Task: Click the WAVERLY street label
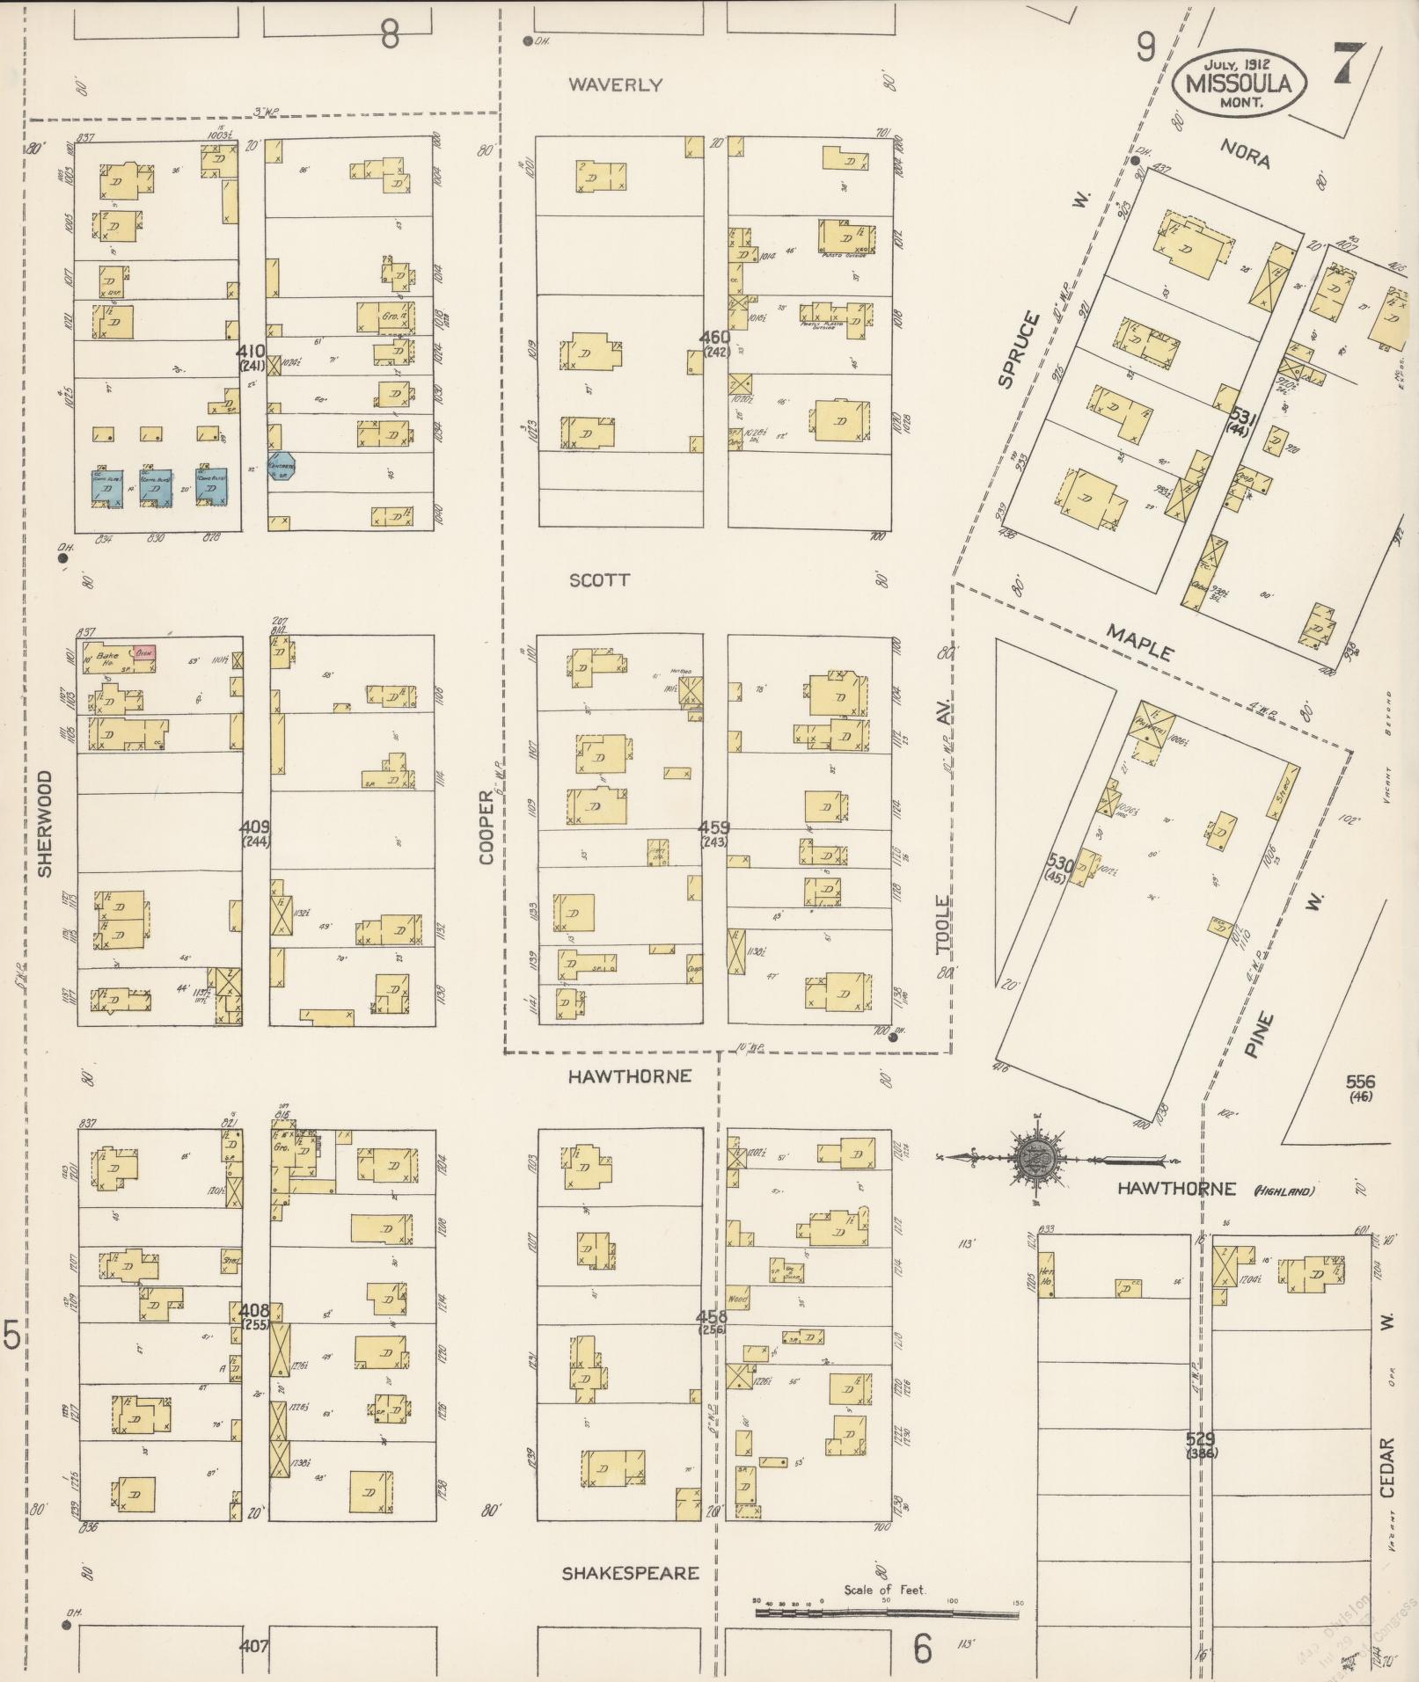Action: coord(614,85)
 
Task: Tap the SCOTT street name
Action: coord(599,580)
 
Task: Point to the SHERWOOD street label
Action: coord(46,824)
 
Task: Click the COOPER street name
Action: coord(486,826)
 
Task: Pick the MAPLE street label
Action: coord(1139,642)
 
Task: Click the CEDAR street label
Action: coord(1387,1467)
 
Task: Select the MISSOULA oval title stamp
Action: coord(1239,83)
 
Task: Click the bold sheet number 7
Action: coord(1347,62)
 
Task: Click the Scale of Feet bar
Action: coord(886,1614)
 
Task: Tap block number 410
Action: coord(251,351)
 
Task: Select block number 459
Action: coord(713,827)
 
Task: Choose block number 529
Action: coord(1200,1439)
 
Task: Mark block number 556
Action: coord(1360,1081)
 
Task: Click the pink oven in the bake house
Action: coord(144,653)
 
